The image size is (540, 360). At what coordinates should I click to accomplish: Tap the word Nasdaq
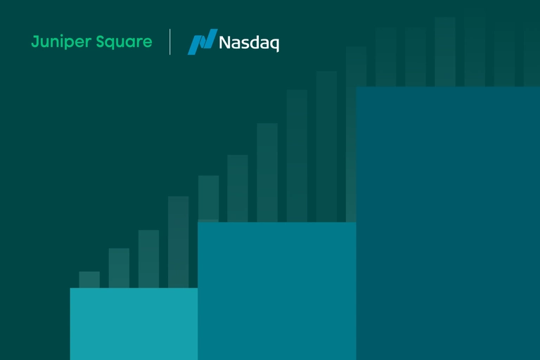point(249,43)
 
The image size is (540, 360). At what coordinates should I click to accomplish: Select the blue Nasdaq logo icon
point(202,42)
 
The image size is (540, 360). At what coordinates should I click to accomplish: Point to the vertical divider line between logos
point(170,42)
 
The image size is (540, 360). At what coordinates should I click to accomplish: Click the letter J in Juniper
point(34,41)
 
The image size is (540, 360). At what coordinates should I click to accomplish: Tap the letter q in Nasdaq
point(274,44)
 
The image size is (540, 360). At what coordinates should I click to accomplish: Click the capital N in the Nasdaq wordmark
point(224,43)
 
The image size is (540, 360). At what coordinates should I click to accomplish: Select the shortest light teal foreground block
point(134,323)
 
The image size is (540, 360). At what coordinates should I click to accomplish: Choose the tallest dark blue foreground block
point(447,223)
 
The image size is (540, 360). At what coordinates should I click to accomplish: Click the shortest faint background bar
point(89,279)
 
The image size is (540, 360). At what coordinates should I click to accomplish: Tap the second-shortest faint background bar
point(119,268)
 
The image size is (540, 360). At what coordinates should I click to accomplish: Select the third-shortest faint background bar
point(148,259)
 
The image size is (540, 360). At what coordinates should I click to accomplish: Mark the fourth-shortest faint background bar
point(178,242)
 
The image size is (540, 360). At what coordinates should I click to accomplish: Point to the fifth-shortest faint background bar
point(208,198)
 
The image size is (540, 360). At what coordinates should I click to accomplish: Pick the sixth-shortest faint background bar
point(238,188)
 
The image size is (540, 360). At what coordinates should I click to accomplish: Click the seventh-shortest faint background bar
point(267,172)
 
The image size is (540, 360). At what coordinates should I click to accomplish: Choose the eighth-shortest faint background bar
point(297,155)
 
